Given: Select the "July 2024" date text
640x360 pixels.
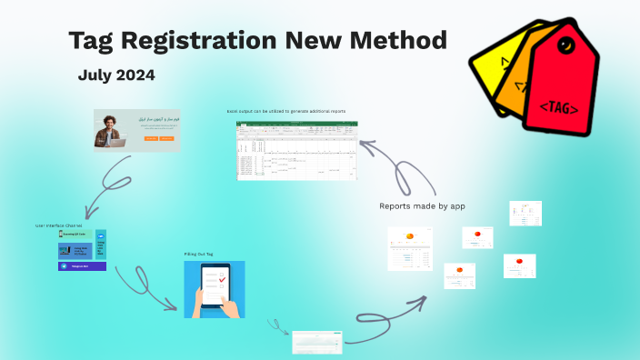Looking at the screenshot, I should click(x=116, y=75).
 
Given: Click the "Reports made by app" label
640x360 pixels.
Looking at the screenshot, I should click(x=422, y=206).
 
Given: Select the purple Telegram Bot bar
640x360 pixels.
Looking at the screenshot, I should click(x=82, y=266).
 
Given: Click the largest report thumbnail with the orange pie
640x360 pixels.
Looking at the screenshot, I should click(x=410, y=248).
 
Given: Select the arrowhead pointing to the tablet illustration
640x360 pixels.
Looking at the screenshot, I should click(x=174, y=306).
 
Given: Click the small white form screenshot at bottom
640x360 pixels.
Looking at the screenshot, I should click(x=316, y=342).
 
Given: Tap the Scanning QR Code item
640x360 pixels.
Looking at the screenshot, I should click(x=75, y=235).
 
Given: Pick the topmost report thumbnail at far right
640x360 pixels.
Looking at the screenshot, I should click(x=525, y=213).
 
